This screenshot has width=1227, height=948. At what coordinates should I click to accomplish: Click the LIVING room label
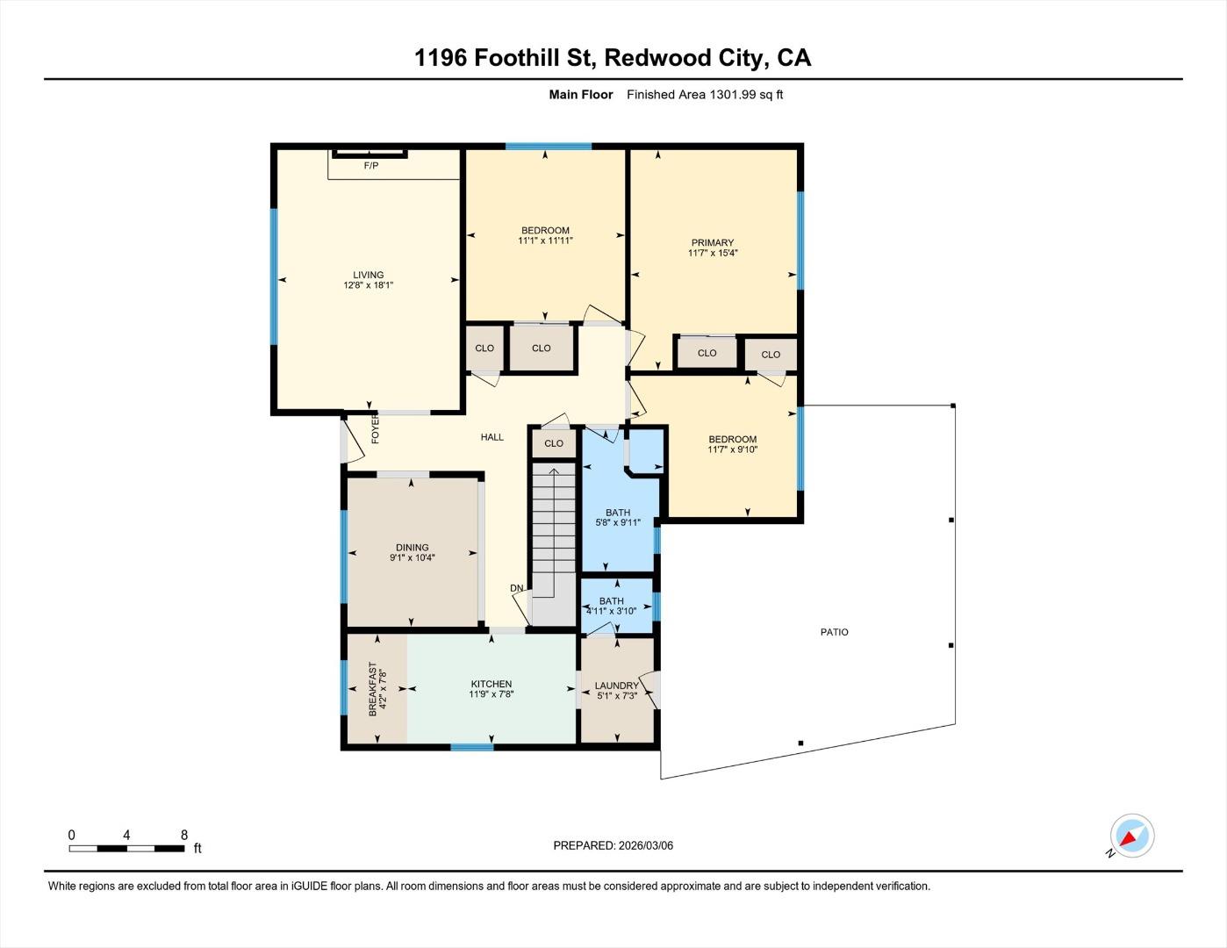click(x=369, y=275)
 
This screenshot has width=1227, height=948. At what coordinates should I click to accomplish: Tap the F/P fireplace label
click(x=371, y=166)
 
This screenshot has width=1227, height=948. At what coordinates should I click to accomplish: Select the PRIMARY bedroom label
click(x=712, y=243)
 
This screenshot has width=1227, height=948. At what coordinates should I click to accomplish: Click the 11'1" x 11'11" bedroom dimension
click(x=545, y=241)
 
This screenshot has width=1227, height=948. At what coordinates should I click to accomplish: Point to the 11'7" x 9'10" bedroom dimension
click(x=733, y=450)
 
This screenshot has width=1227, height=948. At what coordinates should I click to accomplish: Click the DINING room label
click(x=412, y=547)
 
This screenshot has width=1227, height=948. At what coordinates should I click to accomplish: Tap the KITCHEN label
click(x=492, y=684)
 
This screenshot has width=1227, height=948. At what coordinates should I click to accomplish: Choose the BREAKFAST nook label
click(x=373, y=689)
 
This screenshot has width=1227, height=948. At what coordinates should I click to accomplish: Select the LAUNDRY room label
click(x=616, y=686)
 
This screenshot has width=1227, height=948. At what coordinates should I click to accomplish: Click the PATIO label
click(x=835, y=632)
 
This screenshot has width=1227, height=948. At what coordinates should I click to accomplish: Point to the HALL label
click(x=492, y=437)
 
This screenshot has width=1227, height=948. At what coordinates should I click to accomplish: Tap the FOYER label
click(x=376, y=428)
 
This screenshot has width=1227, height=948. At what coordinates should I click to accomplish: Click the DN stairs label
click(x=517, y=588)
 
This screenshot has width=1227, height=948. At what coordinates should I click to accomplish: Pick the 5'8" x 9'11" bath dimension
click(x=618, y=523)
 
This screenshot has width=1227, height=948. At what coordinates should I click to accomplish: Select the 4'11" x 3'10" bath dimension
click(x=612, y=611)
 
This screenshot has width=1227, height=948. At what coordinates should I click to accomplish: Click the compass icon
click(x=1131, y=836)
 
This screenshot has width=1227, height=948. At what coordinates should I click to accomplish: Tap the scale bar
click(x=126, y=848)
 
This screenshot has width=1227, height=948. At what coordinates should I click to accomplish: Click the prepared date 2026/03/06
click(x=645, y=845)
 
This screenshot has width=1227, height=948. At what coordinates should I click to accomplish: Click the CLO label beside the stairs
click(x=554, y=443)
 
